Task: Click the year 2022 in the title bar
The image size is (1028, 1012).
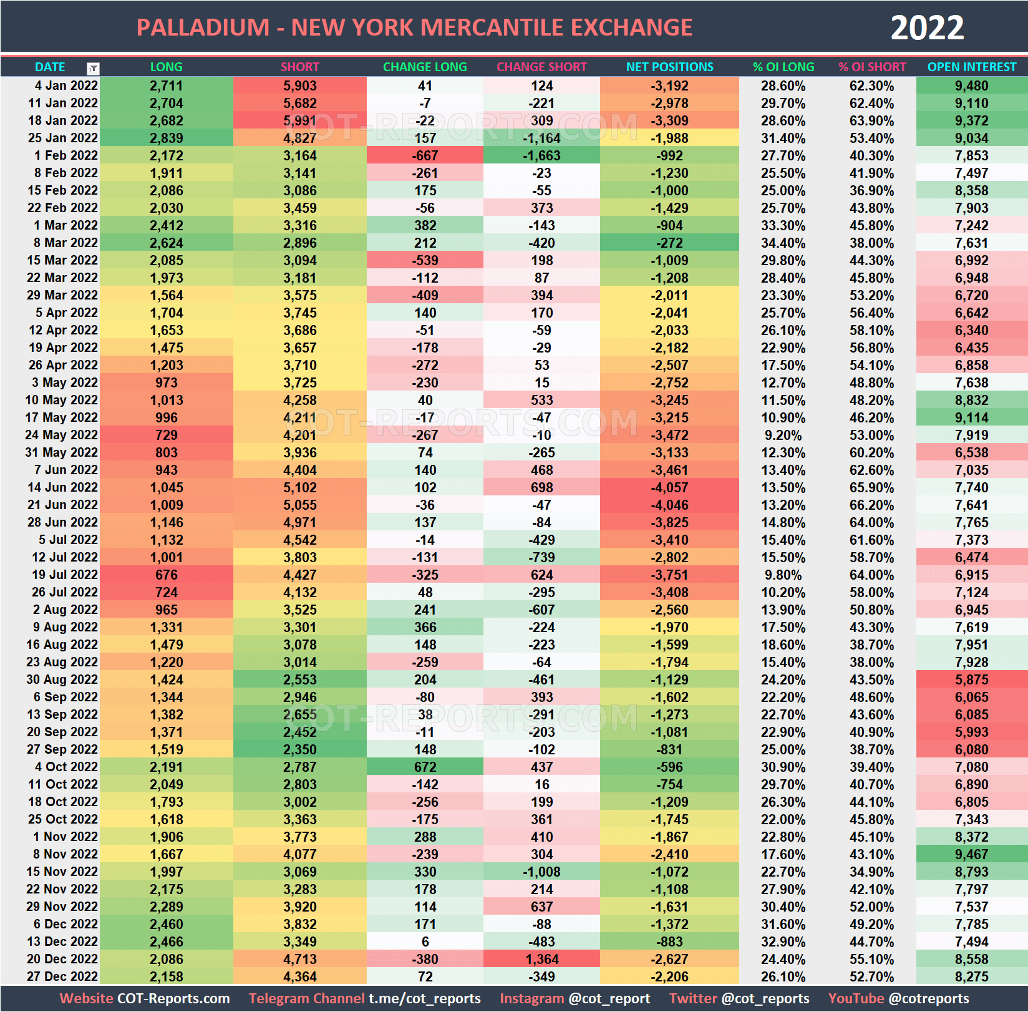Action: [x=926, y=28]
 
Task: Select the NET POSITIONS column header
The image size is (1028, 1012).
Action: [x=669, y=67]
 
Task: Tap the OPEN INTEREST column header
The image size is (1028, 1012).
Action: [x=971, y=67]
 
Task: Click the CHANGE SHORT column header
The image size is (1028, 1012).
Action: [x=541, y=67]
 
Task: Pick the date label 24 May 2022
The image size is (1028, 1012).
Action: [x=61, y=435]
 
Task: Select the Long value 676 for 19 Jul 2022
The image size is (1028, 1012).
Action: [x=166, y=575]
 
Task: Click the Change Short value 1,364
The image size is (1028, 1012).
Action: [x=541, y=959]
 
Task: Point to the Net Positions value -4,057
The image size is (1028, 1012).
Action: [x=669, y=487]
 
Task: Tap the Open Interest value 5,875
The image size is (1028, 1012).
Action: [x=971, y=679]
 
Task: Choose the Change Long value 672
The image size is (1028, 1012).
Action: [x=425, y=767]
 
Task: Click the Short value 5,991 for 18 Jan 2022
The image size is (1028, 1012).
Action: [x=299, y=120]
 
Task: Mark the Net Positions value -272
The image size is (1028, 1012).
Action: [x=669, y=243]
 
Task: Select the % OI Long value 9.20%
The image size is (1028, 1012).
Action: [x=783, y=435]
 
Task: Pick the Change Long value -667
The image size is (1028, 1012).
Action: [x=425, y=155]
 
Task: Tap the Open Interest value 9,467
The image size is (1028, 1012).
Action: [x=971, y=854]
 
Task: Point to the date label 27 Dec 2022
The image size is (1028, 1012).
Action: [x=62, y=976]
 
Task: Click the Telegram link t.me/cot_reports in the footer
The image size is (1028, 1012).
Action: [x=424, y=998]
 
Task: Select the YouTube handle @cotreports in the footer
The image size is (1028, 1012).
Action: [x=929, y=998]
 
